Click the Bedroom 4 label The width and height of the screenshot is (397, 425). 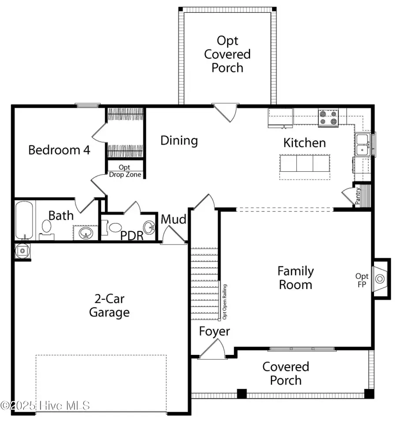[59, 150]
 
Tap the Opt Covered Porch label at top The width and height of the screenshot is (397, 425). [227, 54]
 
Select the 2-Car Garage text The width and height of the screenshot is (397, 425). [109, 306]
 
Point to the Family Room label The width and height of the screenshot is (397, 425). [295, 278]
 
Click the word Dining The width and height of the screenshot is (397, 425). [179, 141]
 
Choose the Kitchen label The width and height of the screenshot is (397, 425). [304, 143]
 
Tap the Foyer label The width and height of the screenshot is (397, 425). [214, 331]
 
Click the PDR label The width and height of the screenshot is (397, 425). [132, 236]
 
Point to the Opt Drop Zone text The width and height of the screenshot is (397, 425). [125, 171]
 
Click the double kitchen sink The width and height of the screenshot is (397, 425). [363, 145]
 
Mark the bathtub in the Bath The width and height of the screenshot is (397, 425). [24, 220]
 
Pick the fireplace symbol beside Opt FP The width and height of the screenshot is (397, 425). [379, 278]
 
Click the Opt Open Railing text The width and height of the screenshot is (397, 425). [225, 301]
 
